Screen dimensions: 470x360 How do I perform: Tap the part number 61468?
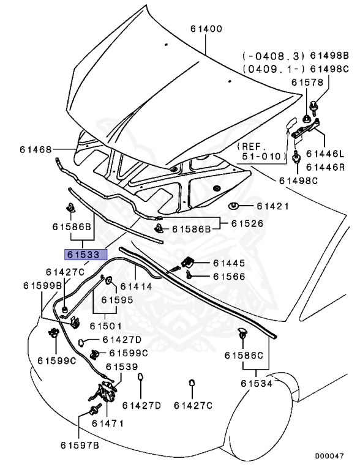(x=36, y=149)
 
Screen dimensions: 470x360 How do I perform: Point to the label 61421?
(x=272, y=206)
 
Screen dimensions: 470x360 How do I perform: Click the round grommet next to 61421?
(x=234, y=206)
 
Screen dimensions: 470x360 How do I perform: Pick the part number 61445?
(x=229, y=263)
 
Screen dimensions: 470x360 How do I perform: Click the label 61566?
(x=229, y=277)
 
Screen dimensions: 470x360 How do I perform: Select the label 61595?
(x=117, y=300)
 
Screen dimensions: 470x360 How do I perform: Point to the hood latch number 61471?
(x=108, y=423)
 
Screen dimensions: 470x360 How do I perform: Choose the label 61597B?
(x=80, y=445)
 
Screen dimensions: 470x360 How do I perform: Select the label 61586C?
(x=243, y=355)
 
